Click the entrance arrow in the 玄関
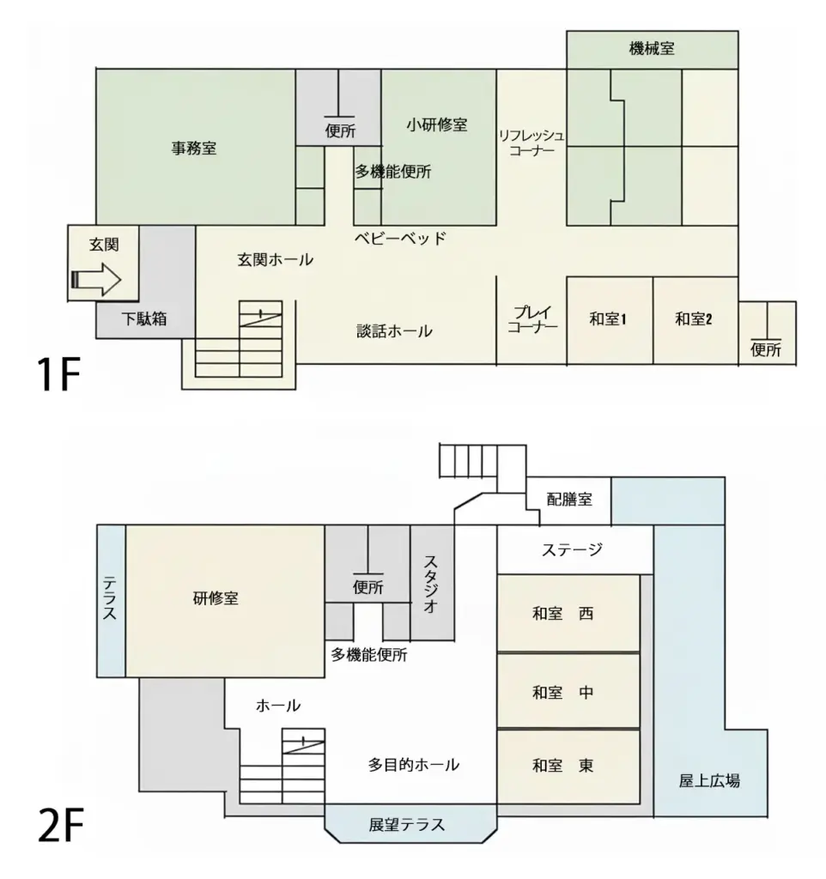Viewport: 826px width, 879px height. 96,279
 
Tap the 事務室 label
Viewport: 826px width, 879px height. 194,149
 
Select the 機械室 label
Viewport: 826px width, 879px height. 652,49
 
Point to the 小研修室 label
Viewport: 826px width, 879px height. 437,124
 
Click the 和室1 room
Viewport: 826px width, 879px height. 610,321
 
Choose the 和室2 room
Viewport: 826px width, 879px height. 695,321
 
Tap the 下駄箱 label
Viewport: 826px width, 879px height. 144,318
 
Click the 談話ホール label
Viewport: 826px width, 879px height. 395,330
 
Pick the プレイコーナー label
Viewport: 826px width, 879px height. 532,319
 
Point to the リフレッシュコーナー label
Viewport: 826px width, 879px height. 531,142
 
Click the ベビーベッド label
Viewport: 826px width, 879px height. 400,239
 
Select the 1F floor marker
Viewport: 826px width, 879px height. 59,374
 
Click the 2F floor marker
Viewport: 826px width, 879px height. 61,824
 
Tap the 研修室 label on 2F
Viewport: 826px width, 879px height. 216,598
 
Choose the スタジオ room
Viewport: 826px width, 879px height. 433,583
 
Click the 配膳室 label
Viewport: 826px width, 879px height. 570,499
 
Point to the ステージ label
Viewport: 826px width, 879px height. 572,549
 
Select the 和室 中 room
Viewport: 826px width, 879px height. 568,691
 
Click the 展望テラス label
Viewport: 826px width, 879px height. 407,825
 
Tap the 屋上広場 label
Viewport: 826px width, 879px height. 709,780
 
